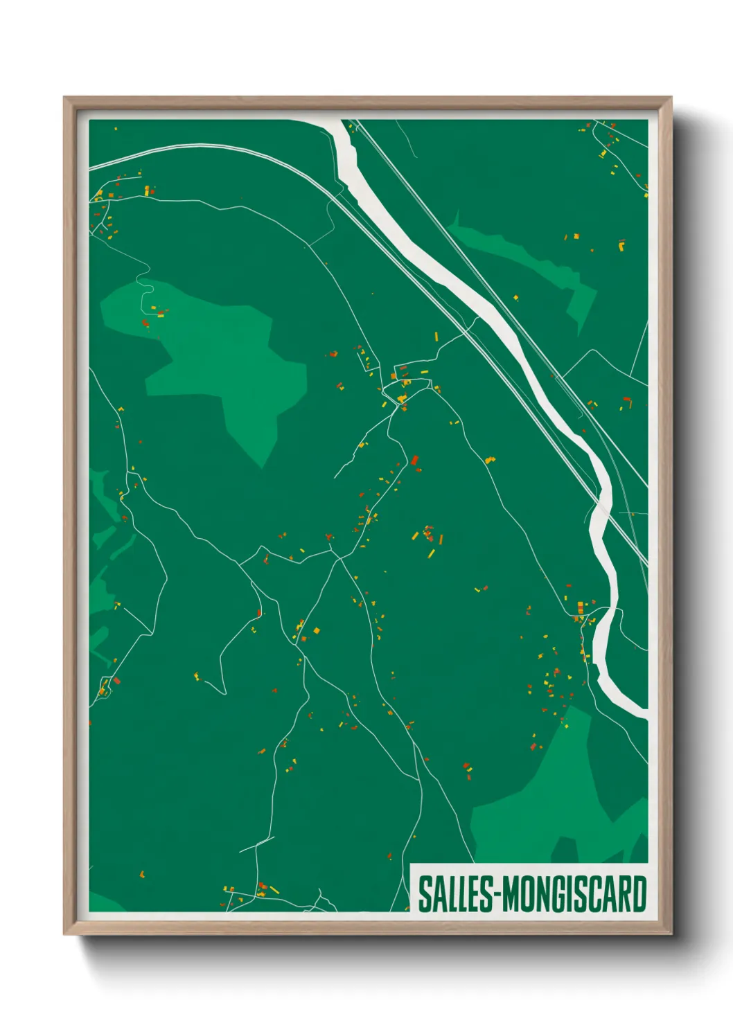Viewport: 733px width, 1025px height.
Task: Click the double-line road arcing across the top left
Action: click(x=208, y=148)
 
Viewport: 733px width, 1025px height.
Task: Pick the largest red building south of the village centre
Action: click(x=415, y=460)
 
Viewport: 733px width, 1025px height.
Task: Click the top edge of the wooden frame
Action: click(x=367, y=102)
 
